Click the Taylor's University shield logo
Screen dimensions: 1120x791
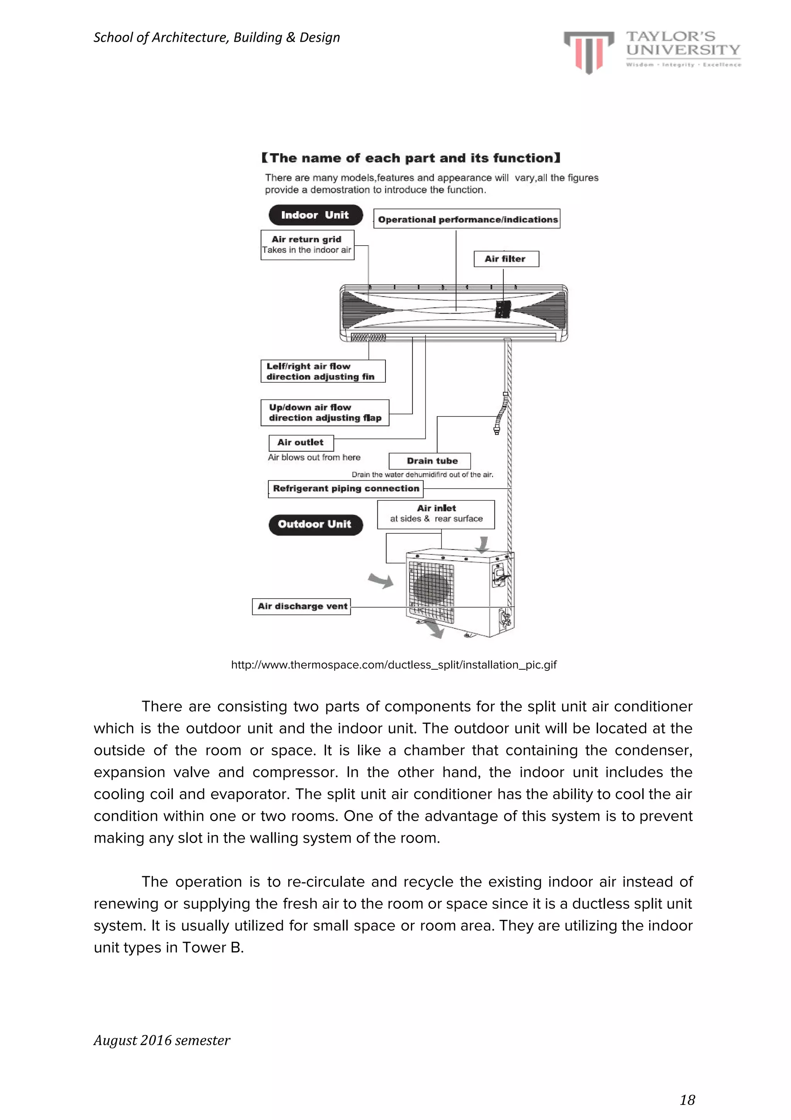point(589,52)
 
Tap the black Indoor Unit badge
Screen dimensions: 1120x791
point(315,215)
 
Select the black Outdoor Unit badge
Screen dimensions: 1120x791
point(315,524)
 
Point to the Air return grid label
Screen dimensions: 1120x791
point(307,244)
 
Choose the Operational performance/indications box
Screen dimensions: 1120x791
point(467,219)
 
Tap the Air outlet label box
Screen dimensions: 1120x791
point(301,443)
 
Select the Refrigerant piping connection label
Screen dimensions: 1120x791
point(345,488)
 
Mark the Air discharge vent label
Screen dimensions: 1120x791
point(302,606)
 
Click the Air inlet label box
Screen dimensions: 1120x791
point(436,514)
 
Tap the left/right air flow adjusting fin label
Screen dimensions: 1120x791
point(323,371)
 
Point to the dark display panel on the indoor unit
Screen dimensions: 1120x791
point(502,309)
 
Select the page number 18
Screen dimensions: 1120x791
point(687,1100)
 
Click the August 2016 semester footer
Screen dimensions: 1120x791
point(161,1040)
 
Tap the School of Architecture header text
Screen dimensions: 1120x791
point(217,37)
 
